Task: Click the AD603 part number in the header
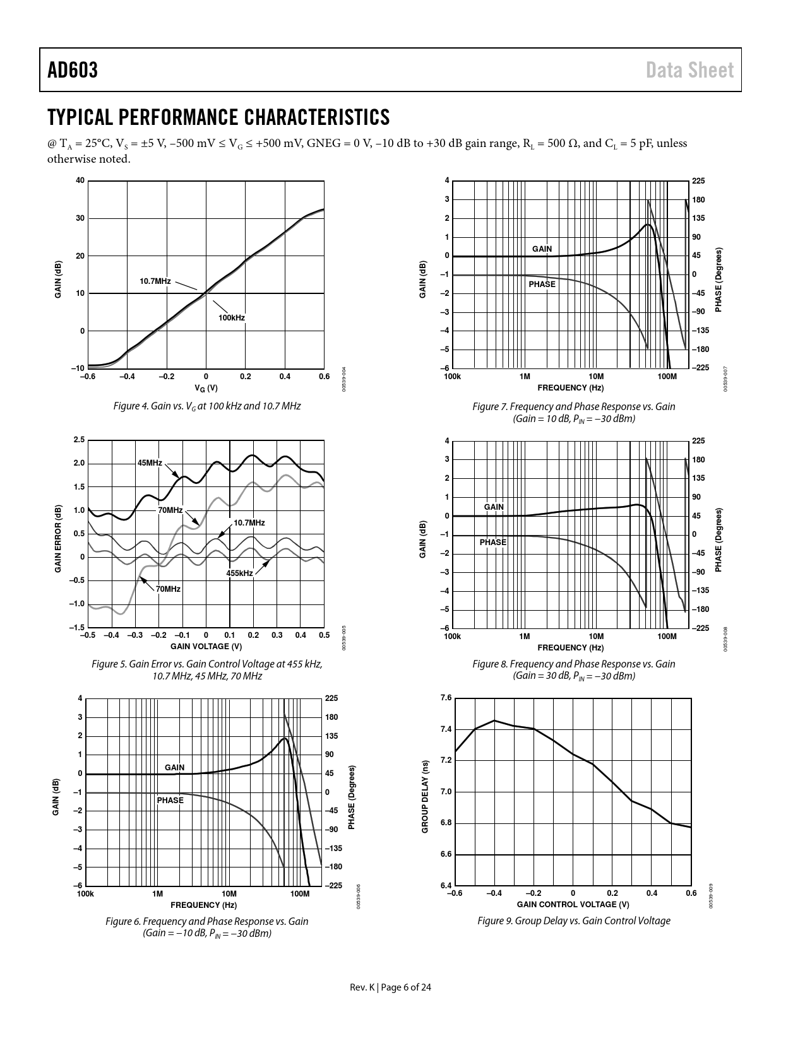click(73, 70)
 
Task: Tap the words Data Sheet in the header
click(689, 70)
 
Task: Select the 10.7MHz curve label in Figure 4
click(155, 281)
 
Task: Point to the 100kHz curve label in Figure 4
click(232, 318)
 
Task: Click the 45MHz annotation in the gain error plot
click(150, 463)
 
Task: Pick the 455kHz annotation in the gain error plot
click(239, 573)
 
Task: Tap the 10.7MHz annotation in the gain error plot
click(249, 523)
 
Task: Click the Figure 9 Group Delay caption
click(573, 921)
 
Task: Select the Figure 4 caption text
click(206, 406)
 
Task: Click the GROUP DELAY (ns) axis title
click(425, 796)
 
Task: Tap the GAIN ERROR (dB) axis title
click(57, 539)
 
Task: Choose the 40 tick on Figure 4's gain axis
click(80, 181)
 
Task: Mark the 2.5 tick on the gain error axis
click(78, 440)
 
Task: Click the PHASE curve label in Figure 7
click(542, 285)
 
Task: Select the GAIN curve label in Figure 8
click(494, 507)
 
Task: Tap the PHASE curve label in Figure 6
click(170, 801)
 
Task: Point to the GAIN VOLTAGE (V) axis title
click(206, 647)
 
